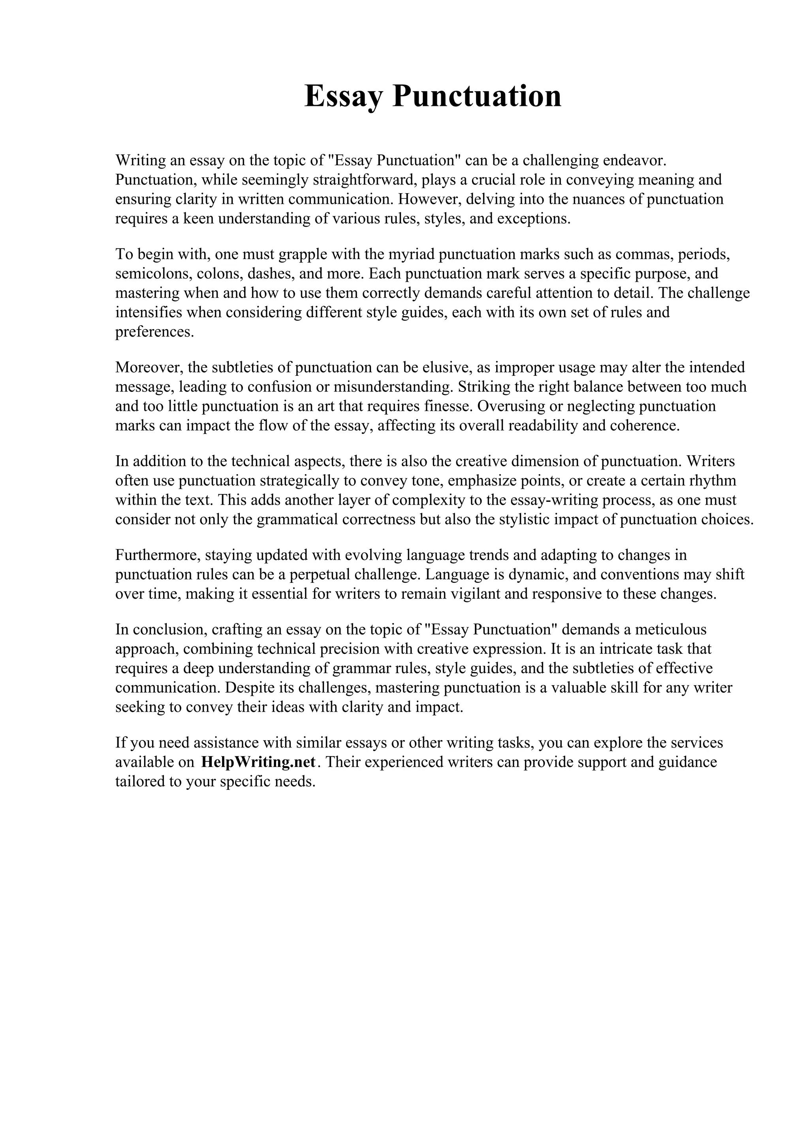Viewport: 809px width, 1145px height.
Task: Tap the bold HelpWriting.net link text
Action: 258,762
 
